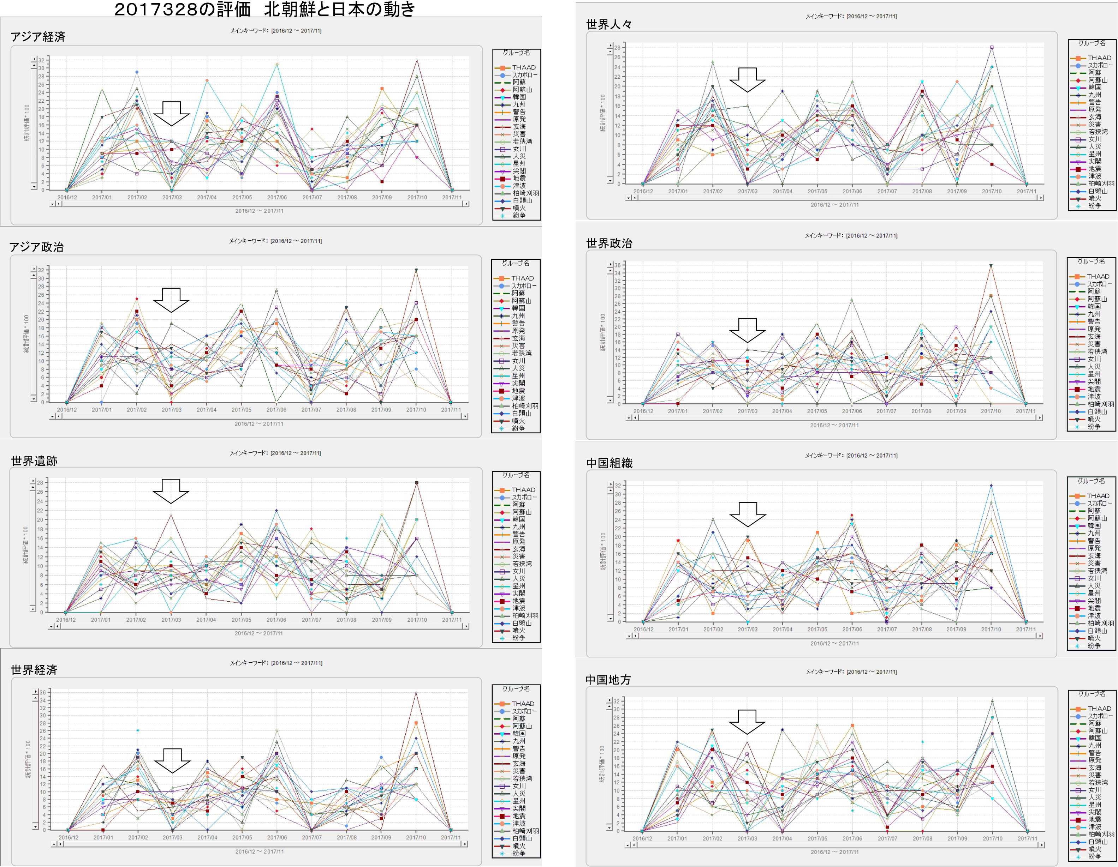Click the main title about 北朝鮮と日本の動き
pos(264,9)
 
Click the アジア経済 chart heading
pos(38,37)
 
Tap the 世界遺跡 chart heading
pos(34,461)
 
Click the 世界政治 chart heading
pos(609,243)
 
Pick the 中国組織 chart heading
pos(609,463)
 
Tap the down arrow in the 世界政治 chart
pos(747,330)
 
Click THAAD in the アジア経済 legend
pos(523,67)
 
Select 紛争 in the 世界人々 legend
pos(1094,206)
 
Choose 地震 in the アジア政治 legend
pos(518,391)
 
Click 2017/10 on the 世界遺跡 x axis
pos(417,620)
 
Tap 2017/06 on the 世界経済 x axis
pos(277,838)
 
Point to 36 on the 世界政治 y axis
pos(618,265)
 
